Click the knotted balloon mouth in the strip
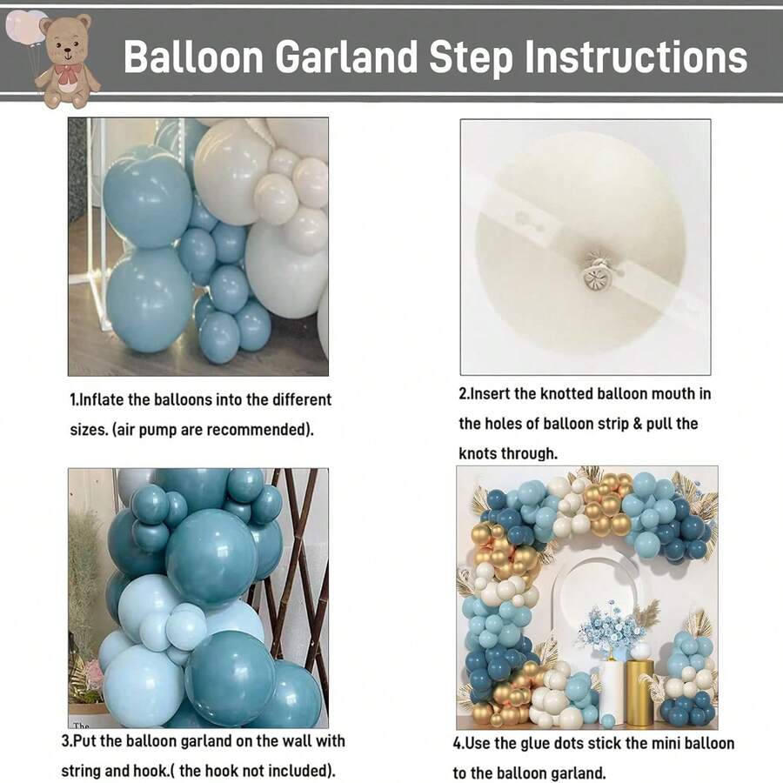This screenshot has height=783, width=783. (x=596, y=274)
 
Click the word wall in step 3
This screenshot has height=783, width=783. (x=286, y=741)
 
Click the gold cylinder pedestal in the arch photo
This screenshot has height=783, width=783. (x=639, y=693)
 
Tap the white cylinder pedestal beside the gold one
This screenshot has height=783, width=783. (x=612, y=692)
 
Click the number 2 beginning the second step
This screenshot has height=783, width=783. (x=463, y=393)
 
